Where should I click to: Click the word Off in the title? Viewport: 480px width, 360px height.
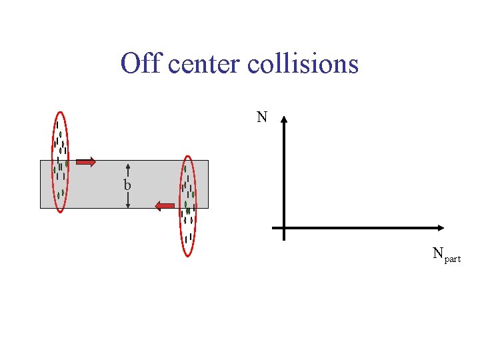coord(141,64)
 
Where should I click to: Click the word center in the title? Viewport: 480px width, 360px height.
coord(204,64)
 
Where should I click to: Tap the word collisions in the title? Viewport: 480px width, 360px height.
coord(303,64)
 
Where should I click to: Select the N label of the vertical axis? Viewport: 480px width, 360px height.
coord(262,118)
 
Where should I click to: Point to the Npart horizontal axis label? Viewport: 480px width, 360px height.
coord(446,254)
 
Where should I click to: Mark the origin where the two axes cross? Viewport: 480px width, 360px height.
coord(284,228)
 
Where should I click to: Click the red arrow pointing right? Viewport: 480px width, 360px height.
coord(85,161)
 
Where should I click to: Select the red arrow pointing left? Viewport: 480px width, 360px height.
coord(165,206)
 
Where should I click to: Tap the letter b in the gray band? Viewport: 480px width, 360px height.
coord(127,185)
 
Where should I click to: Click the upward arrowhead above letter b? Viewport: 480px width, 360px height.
coord(127,167)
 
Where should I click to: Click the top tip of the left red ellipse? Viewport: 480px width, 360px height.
coord(60,111)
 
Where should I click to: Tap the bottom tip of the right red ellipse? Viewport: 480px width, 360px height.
coord(188,255)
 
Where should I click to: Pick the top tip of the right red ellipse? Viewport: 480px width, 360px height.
coord(188,156)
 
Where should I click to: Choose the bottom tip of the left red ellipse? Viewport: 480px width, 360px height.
coord(60,212)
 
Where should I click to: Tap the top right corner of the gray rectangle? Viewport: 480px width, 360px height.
coord(208,160)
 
